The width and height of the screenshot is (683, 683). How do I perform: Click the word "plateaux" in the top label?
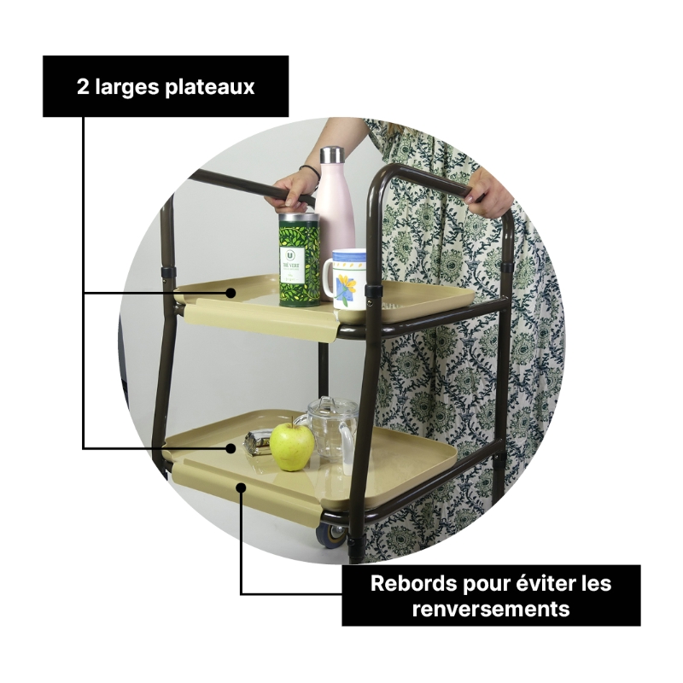click(x=209, y=87)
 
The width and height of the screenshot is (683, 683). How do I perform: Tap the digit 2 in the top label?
click(x=83, y=87)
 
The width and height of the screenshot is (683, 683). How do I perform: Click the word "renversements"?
click(x=491, y=609)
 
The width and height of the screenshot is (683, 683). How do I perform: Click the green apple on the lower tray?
click(x=292, y=445)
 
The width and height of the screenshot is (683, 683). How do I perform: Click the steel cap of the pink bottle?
click(x=332, y=155)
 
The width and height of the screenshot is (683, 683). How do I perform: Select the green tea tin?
click(x=300, y=260)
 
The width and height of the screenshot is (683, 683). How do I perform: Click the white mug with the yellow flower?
click(x=347, y=280)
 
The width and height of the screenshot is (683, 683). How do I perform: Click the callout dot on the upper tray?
click(x=231, y=293)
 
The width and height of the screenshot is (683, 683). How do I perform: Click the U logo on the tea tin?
click(x=289, y=254)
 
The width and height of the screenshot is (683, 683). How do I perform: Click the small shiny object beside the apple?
click(x=257, y=443)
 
